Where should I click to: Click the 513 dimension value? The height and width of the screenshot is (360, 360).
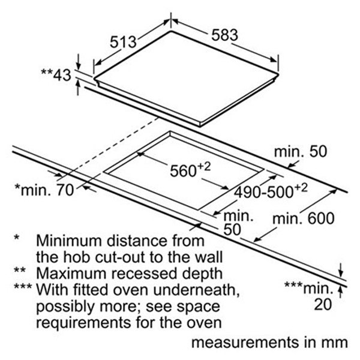(123, 42)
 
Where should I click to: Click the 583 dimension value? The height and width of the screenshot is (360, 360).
(224, 35)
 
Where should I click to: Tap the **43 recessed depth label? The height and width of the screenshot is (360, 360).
(56, 74)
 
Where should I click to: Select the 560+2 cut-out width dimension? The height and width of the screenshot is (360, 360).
(190, 170)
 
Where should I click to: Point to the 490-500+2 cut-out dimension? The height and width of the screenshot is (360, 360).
(271, 191)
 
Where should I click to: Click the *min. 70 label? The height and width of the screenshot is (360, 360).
(44, 190)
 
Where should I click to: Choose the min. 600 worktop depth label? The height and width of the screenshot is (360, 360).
(303, 218)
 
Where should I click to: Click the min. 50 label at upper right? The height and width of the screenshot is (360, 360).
(301, 152)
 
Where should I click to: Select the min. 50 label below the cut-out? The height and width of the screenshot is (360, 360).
(238, 223)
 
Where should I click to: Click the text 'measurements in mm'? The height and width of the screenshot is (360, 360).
(269, 343)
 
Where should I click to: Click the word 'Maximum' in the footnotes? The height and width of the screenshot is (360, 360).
(71, 274)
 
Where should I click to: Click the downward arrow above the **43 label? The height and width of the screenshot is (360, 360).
(78, 62)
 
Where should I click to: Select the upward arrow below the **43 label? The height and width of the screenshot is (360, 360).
(78, 88)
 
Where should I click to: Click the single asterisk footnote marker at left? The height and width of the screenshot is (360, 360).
(17, 237)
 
